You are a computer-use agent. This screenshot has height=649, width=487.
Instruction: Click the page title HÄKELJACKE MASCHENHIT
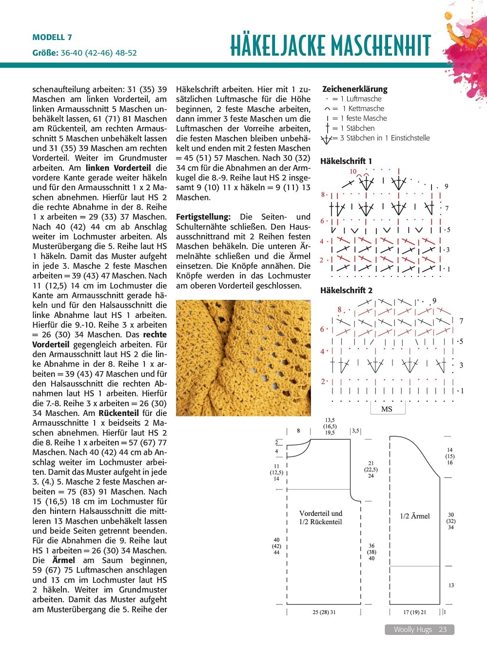pos(330,46)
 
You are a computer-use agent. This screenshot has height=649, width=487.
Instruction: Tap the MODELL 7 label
pos(52,38)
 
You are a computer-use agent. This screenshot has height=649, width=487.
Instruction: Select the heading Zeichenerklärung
pos(354,89)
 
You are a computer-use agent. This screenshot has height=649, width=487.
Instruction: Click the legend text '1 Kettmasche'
pos(363,109)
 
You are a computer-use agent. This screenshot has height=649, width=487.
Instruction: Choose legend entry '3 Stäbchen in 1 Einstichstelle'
pos(385,138)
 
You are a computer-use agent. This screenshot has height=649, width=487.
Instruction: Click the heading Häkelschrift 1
pos(346,161)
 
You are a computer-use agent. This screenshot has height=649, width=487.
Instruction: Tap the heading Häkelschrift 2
pos(346,290)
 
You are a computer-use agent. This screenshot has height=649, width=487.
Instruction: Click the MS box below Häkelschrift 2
pos(387,409)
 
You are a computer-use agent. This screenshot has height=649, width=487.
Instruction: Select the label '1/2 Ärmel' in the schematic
pos(415,516)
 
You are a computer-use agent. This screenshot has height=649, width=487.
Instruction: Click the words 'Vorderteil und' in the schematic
pos(321,513)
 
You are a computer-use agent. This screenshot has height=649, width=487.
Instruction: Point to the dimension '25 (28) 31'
pos(324,612)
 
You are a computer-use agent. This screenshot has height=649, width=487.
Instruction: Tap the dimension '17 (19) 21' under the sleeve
pos(414,612)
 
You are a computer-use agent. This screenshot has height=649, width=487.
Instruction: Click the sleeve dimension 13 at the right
pos(451,585)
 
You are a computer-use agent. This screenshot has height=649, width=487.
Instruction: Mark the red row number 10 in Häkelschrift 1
pos(353,172)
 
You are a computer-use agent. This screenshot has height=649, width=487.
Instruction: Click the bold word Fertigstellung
pos(203,217)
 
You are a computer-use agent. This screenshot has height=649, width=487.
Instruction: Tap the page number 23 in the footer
pos(443,629)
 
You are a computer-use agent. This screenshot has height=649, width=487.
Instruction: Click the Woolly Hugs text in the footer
pos(413,629)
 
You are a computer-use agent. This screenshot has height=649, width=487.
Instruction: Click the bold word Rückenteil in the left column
pos(118,413)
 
